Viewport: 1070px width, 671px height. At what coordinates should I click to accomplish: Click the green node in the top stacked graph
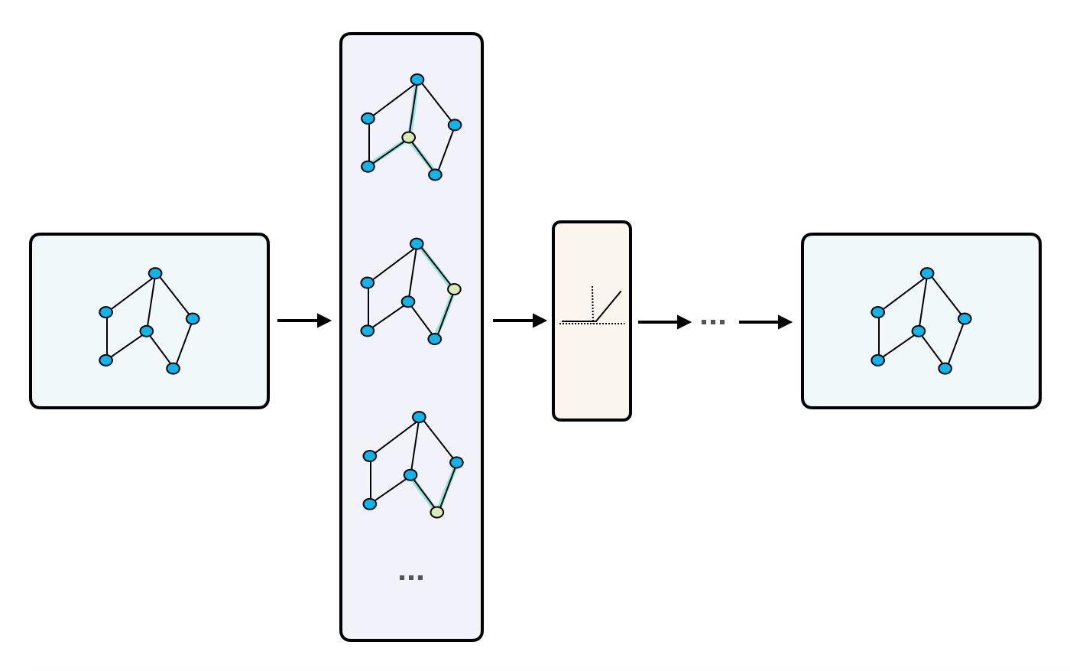(409, 138)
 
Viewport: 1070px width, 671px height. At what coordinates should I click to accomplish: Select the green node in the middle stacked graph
(454, 289)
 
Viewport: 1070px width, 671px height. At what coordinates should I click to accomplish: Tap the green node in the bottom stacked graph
(437, 512)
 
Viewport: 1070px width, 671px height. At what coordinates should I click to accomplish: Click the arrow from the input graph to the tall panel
(303, 321)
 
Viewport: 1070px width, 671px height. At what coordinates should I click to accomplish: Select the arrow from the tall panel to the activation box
(519, 321)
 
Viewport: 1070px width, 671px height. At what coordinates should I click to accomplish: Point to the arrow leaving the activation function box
(663, 322)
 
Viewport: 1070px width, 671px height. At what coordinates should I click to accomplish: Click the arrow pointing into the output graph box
(764, 322)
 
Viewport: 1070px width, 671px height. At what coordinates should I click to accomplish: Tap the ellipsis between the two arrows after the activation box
(713, 323)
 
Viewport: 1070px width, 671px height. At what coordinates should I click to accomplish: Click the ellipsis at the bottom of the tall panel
(411, 578)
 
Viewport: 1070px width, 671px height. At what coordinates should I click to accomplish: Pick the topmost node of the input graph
(155, 273)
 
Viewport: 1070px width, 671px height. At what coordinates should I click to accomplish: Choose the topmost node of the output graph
(927, 273)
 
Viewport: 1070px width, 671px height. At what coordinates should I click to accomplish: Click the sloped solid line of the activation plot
(608, 306)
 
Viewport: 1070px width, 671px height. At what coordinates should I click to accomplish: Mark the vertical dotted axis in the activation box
(592, 302)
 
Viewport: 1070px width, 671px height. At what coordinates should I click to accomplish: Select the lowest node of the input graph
(173, 369)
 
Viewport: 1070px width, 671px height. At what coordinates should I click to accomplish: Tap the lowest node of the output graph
(945, 369)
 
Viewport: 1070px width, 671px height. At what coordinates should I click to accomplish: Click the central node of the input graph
(147, 331)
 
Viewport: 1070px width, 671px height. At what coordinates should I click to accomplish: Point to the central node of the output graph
(919, 331)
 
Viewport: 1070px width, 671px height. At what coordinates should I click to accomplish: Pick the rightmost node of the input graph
(193, 318)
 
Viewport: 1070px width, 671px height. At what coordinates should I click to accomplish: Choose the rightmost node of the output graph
(965, 318)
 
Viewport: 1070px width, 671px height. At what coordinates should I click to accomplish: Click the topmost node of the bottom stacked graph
(419, 417)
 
